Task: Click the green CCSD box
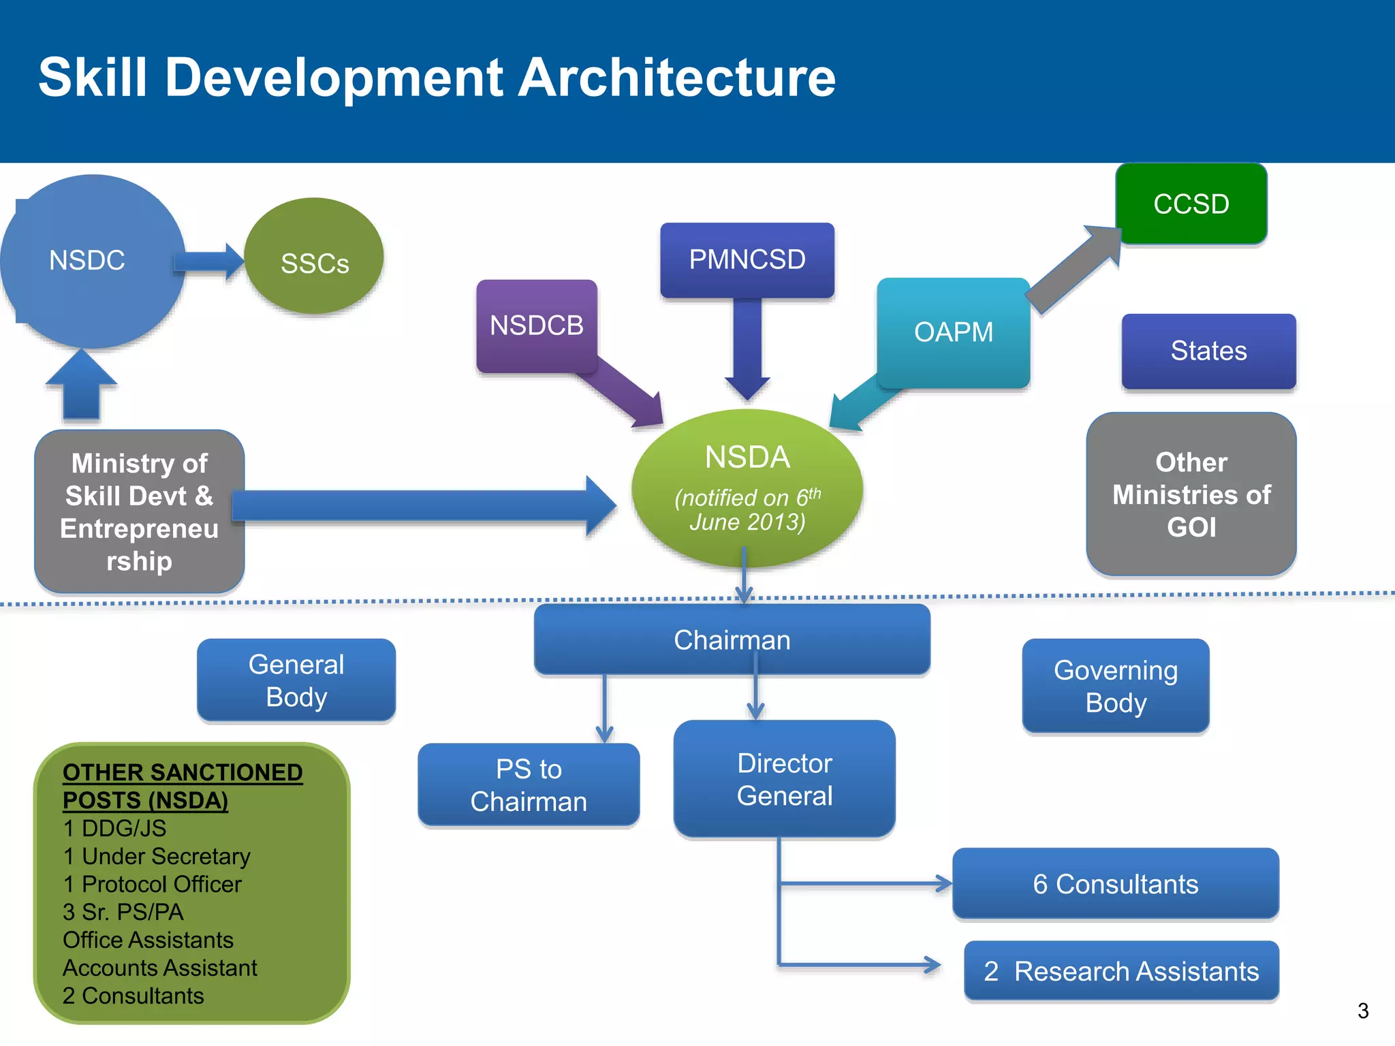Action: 1191,204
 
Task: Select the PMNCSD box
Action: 747,259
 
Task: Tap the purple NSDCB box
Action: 537,326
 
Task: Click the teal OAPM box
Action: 953,332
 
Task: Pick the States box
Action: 1208,351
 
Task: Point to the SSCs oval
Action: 314,262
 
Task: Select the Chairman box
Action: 732,640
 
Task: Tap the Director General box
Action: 784,779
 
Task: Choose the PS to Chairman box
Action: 529,785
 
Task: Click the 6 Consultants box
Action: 1115,884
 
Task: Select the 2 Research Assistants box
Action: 1121,971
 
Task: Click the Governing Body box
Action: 1115,686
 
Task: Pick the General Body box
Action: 296,680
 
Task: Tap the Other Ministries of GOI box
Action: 1191,494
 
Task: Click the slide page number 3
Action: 1362,1011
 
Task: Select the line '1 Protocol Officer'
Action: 152,884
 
